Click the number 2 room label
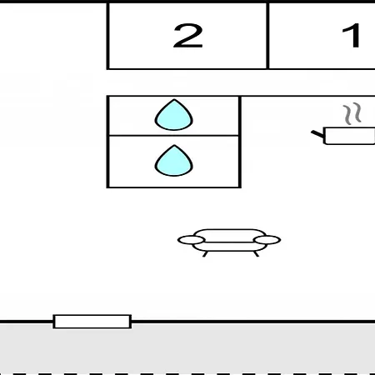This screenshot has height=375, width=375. tap(187, 36)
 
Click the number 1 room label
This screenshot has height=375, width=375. tap(352, 36)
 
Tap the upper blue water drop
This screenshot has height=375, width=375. tap(174, 115)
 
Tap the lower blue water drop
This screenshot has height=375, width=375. tap(174, 161)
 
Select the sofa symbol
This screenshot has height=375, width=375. tap(229, 242)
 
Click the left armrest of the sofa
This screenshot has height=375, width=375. tap(192, 240)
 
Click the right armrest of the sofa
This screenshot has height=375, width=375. tap(267, 240)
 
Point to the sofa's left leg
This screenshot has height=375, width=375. tap(205, 254)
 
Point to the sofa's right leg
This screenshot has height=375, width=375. tap(256, 254)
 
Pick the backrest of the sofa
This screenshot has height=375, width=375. tap(230, 235)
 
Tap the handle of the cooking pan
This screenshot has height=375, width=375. tap(317, 134)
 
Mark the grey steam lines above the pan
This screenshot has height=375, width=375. tap(352, 113)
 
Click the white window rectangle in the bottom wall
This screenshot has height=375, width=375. tap(92, 322)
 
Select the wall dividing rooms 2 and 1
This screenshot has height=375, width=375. tap(267, 36)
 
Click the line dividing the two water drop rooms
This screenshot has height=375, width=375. tap(174, 136)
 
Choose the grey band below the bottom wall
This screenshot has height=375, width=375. tap(187, 347)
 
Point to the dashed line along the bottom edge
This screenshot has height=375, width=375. tap(187, 374)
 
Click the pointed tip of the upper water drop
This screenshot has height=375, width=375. tap(174, 99)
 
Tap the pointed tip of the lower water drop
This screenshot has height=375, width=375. tap(174, 145)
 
